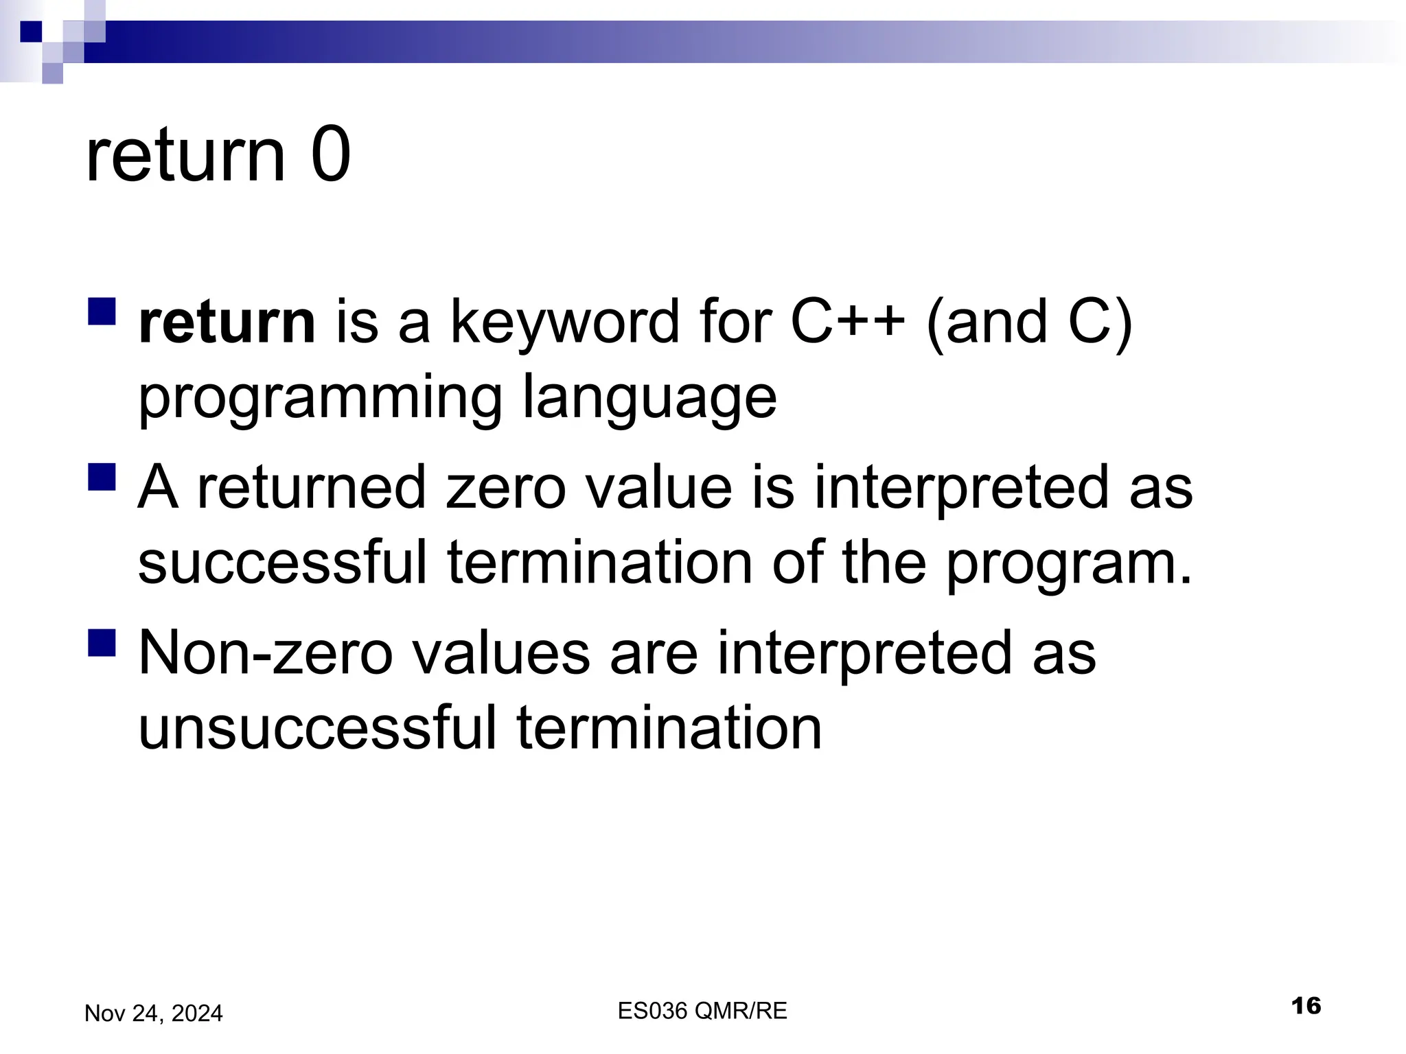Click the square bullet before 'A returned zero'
click(102, 477)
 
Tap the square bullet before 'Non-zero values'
click(102, 643)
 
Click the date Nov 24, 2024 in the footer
click(153, 1014)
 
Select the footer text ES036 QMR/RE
click(702, 1011)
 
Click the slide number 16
click(1306, 1007)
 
